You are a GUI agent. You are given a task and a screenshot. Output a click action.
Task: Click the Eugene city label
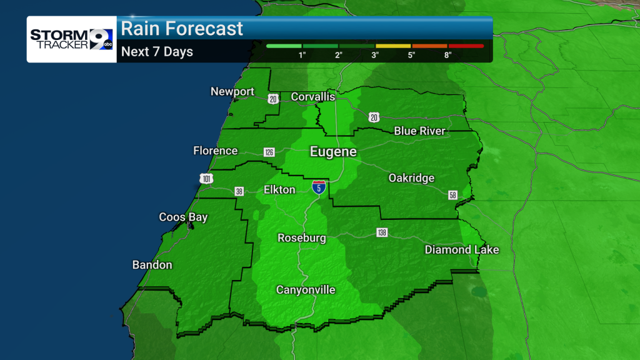(x=334, y=152)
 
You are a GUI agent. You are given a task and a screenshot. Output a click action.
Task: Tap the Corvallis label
(x=313, y=97)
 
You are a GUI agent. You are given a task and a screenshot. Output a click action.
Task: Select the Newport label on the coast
(x=232, y=92)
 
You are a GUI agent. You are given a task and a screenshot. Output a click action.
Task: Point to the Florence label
(x=216, y=151)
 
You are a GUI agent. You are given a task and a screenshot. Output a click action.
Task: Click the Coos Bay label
(x=183, y=217)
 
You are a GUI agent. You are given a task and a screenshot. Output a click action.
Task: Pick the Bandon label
(x=152, y=265)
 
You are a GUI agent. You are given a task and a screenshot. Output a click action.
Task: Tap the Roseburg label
(x=302, y=238)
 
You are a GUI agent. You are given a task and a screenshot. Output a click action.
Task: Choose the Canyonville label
(x=306, y=290)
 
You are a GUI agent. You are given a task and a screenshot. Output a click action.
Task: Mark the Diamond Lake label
(x=462, y=250)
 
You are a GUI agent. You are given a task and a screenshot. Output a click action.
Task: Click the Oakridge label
(x=411, y=178)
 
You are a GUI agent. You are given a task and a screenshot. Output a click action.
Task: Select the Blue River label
(x=419, y=131)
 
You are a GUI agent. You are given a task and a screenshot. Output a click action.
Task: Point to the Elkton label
(x=279, y=189)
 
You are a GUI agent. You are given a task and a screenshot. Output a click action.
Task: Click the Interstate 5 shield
(x=319, y=187)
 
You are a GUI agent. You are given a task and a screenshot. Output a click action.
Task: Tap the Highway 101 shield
(x=207, y=179)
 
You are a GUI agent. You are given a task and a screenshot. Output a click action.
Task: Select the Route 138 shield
(x=382, y=232)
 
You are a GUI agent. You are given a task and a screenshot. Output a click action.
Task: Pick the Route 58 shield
(x=452, y=196)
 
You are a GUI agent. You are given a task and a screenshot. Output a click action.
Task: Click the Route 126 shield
(x=269, y=152)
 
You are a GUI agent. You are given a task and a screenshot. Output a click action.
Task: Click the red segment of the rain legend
(x=466, y=46)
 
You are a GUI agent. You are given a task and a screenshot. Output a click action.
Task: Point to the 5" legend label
(x=412, y=55)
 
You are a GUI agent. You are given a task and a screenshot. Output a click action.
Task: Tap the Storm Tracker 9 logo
(x=71, y=39)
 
